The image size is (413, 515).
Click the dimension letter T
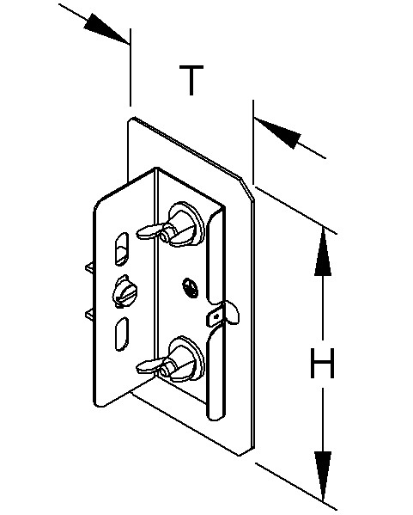(x=191, y=80)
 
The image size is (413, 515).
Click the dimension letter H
(x=323, y=363)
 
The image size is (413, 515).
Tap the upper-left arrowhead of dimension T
(x=106, y=28)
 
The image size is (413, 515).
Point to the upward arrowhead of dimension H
(x=323, y=251)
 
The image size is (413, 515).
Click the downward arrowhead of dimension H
(x=323, y=475)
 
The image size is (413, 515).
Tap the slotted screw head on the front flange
(x=125, y=291)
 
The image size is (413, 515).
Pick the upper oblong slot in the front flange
(x=122, y=248)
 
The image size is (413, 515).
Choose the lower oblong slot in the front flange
(x=122, y=334)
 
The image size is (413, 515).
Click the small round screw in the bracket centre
(x=191, y=287)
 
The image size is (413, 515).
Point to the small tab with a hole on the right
(x=222, y=315)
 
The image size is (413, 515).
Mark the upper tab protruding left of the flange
(x=89, y=267)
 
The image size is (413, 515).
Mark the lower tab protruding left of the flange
(x=89, y=315)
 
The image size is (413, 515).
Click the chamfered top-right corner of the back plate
(x=246, y=188)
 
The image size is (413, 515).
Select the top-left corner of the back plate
(x=131, y=119)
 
